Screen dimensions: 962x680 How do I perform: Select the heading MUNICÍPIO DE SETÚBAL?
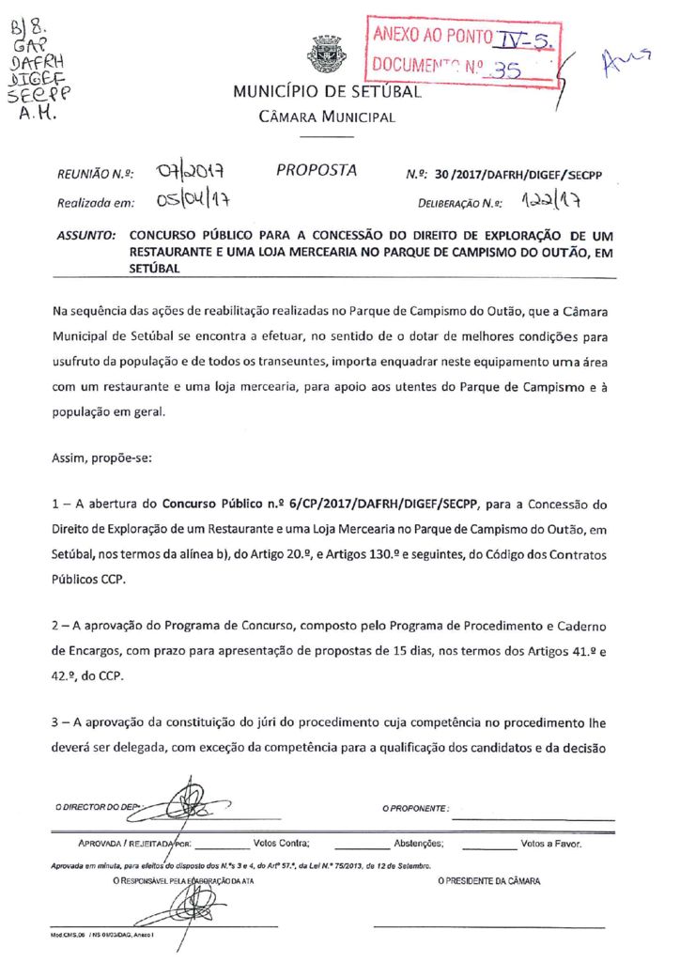tap(326, 92)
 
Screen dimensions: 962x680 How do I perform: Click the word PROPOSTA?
tap(317, 170)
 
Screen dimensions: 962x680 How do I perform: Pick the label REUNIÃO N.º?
tap(95, 174)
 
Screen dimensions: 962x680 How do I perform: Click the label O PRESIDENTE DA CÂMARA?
tap(488, 881)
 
